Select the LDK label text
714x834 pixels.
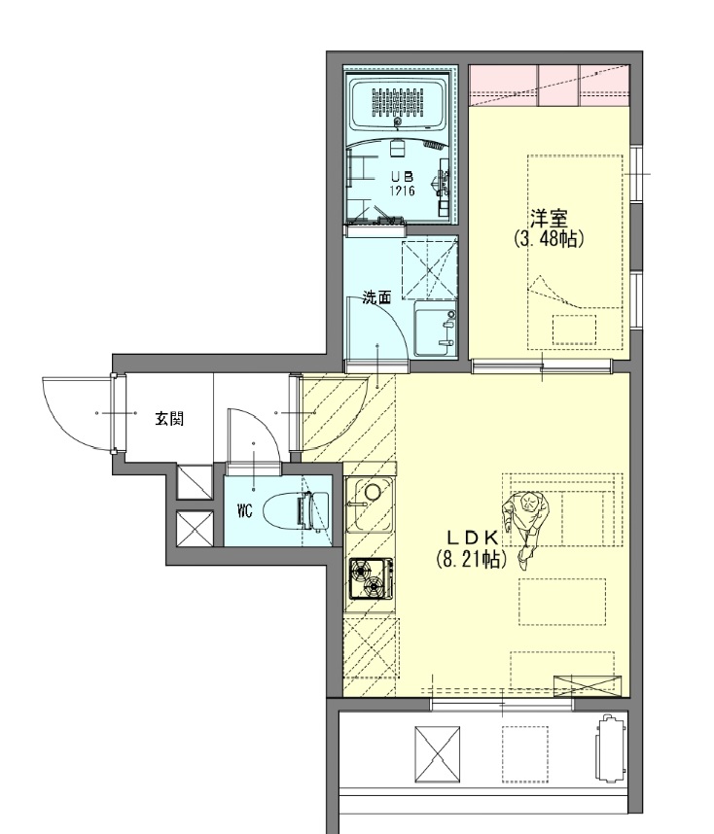pyautogui.click(x=473, y=539)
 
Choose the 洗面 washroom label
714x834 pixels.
pyautogui.click(x=376, y=297)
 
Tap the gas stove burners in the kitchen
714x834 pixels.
pyautogui.click(x=372, y=579)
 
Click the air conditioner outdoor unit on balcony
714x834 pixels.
pyautogui.click(x=609, y=748)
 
